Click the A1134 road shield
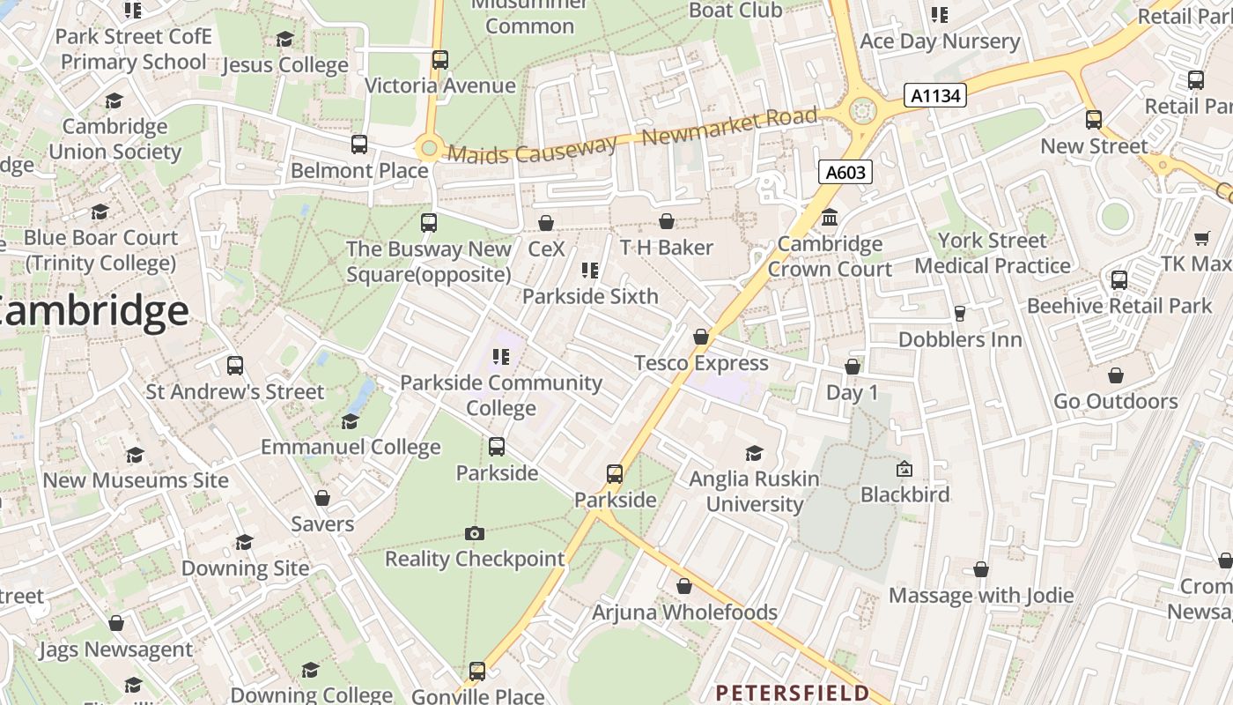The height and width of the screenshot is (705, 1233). (935, 95)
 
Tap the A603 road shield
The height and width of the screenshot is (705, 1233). (845, 172)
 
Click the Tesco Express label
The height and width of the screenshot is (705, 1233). (701, 363)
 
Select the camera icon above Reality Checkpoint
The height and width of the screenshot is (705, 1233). (475, 533)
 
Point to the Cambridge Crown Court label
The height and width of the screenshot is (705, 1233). (830, 256)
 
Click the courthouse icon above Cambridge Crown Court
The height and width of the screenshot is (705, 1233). (829, 217)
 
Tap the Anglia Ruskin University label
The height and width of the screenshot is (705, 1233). (754, 492)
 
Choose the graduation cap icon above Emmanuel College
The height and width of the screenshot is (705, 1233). (350, 421)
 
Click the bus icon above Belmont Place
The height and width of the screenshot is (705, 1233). (358, 144)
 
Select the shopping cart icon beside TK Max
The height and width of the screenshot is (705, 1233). (1202, 238)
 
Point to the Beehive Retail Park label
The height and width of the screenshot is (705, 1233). (1119, 306)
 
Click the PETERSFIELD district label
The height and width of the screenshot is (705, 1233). (793, 693)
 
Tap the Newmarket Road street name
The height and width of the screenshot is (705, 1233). (730, 129)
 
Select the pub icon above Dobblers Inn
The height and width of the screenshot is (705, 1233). (960, 314)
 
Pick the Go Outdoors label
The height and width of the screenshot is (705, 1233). (1116, 402)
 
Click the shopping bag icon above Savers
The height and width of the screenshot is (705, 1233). (322, 498)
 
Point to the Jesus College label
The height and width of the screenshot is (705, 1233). (285, 65)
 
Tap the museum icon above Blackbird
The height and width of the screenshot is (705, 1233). (904, 469)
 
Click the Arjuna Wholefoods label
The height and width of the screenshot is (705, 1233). (684, 612)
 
